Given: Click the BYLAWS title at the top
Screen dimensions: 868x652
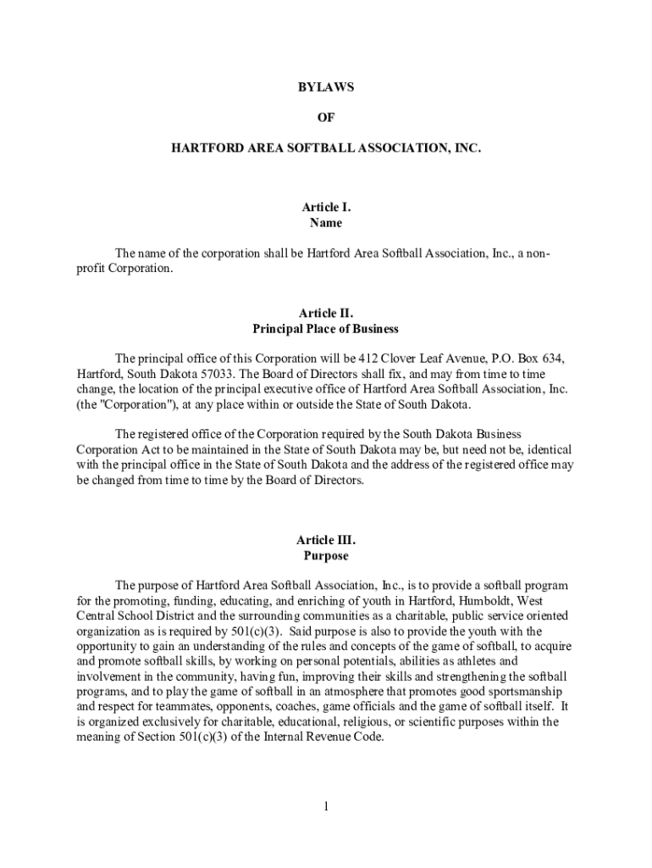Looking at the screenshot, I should tap(326, 87).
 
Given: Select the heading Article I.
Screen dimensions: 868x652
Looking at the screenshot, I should tap(326, 207).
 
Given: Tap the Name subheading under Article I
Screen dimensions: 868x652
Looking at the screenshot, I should tap(326, 223).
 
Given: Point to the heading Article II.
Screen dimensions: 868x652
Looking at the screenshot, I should tap(326, 312).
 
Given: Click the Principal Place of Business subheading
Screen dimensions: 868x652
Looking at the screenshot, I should tap(326, 328).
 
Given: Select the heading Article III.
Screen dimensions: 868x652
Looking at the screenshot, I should tap(326, 540).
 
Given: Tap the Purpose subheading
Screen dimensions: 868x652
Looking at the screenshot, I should tap(326, 556).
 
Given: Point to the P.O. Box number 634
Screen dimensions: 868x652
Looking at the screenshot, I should tap(553, 359).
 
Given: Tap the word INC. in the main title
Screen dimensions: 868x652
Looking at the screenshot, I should tap(467, 147).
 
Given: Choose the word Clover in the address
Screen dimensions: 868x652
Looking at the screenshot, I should tap(396, 359).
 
